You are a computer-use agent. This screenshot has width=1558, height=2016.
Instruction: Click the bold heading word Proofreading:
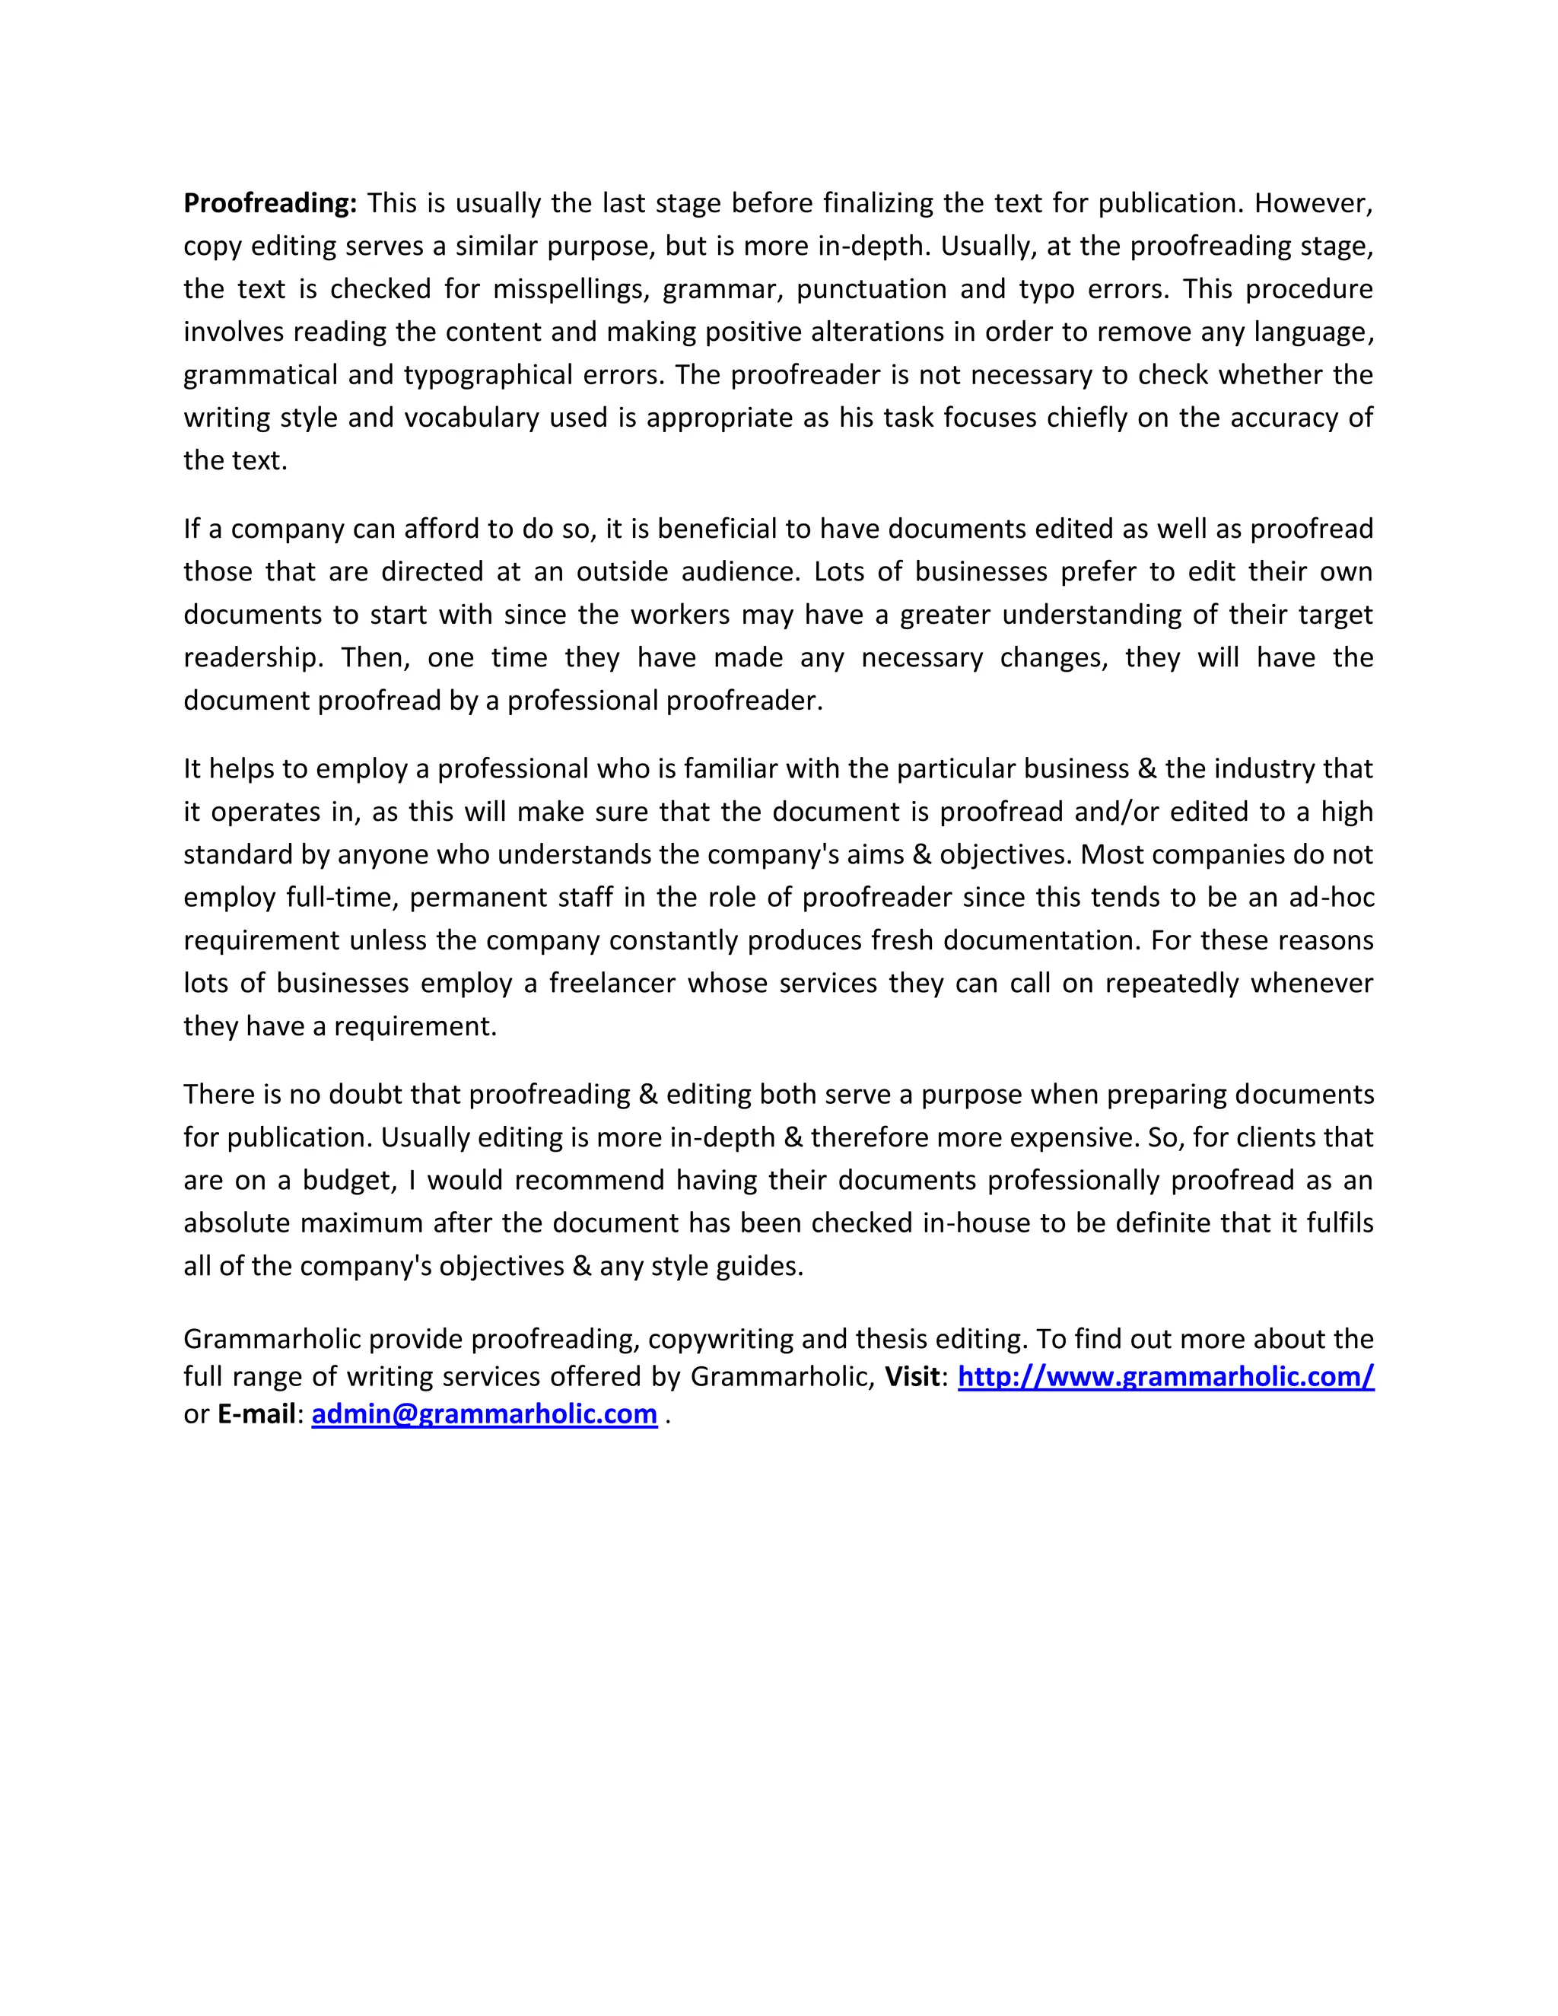point(269,203)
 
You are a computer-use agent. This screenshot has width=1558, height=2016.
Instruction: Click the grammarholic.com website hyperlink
point(1165,1376)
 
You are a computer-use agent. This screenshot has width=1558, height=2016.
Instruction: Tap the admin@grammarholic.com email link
point(484,1414)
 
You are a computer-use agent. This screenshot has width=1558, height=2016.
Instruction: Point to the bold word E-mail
point(256,1414)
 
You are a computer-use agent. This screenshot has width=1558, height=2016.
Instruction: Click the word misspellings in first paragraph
point(572,289)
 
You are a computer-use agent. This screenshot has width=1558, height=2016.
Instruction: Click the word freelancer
point(612,983)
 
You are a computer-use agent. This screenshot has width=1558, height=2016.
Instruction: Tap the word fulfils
point(1339,1223)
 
